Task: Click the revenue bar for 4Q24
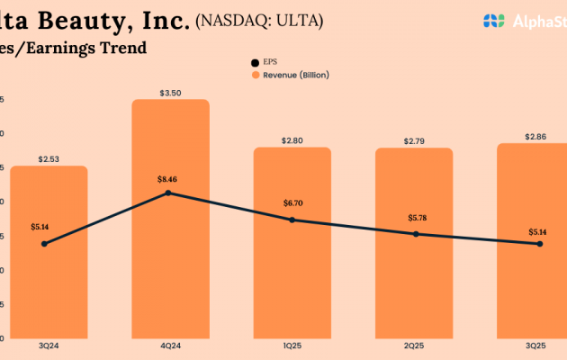click(170, 270)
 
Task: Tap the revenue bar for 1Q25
click(292, 279)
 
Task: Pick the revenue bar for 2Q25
click(414, 279)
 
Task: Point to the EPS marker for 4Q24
click(167, 193)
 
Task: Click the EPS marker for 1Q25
click(291, 220)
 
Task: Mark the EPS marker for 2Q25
click(415, 234)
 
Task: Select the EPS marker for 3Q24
click(44, 244)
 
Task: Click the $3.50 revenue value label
click(170, 92)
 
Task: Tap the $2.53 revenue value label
click(49, 159)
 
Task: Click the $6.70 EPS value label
click(292, 205)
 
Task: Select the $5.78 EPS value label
click(415, 220)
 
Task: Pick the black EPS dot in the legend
click(254, 63)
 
